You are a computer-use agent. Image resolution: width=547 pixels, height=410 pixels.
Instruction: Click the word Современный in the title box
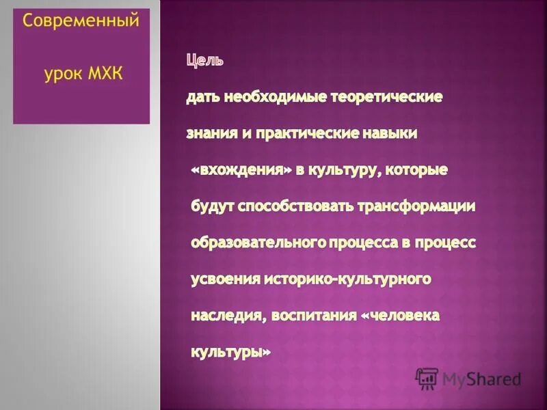coord(81,21)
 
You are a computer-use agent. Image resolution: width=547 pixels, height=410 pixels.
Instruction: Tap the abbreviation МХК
coord(106,73)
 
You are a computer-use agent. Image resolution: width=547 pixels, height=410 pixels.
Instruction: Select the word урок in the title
coord(62,73)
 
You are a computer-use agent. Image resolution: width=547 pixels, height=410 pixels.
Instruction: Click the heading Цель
coord(204,61)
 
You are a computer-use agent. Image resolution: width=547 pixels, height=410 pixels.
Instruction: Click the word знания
coord(210,134)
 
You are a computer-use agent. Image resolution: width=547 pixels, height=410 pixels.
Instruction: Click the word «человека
coord(400,316)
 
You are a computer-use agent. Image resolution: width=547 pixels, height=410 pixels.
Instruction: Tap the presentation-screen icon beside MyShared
coord(427,378)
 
